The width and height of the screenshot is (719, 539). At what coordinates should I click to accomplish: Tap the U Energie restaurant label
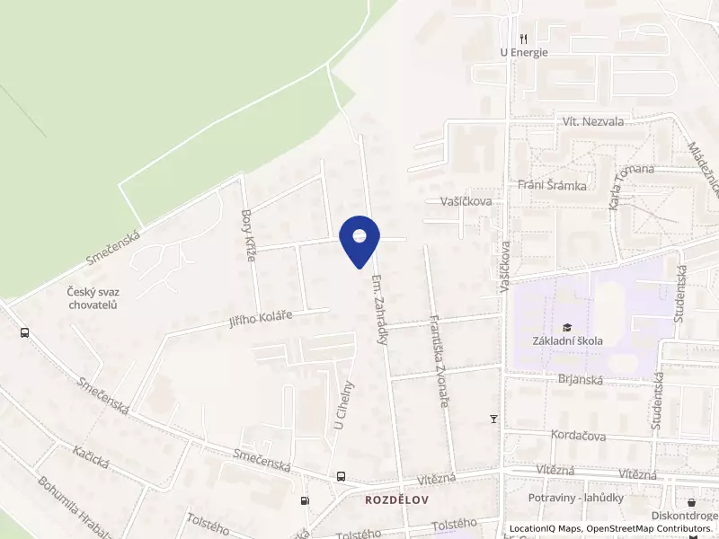click(524, 52)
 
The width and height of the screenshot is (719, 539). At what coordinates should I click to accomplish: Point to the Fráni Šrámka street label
click(553, 186)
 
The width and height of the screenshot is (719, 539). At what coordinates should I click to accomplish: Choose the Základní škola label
click(567, 340)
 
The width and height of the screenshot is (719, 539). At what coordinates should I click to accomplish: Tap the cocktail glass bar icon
click(493, 419)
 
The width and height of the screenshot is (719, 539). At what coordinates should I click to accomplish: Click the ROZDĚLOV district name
click(395, 499)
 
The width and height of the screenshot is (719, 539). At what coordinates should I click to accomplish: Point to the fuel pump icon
click(306, 500)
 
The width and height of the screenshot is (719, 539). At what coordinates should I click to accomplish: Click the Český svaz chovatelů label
click(93, 297)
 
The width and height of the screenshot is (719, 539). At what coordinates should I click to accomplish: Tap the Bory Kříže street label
click(250, 235)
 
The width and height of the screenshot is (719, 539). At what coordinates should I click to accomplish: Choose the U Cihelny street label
click(345, 404)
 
